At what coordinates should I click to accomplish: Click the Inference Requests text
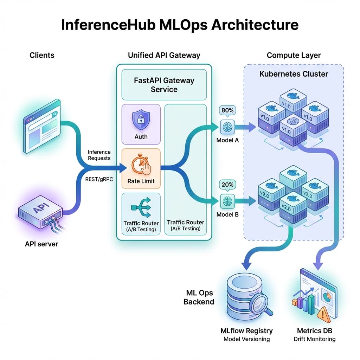pos(99,155)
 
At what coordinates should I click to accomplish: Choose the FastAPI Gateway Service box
pos(164,85)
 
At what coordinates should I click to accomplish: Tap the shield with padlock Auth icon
pos(141,120)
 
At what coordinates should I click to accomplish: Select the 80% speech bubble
pos(227,110)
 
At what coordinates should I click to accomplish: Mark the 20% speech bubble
pos(227,185)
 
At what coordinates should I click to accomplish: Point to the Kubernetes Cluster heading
pos(294,74)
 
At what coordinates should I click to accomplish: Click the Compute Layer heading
pos(294,55)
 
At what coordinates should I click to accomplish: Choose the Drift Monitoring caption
pos(315,339)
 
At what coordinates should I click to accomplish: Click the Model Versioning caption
pos(246,339)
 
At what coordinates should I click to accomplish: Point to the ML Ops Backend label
pos(199,297)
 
